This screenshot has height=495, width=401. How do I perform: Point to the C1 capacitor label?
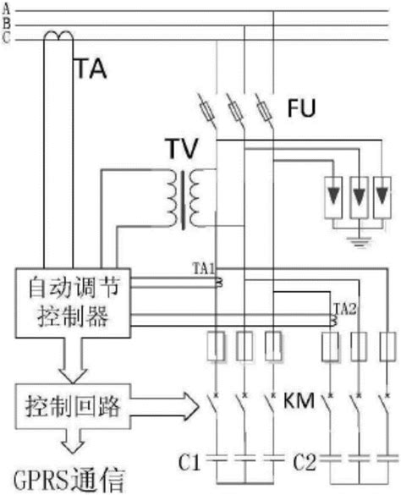190,463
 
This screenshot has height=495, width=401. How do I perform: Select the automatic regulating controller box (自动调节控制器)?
69,303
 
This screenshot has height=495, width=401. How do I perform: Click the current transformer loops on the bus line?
58,36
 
